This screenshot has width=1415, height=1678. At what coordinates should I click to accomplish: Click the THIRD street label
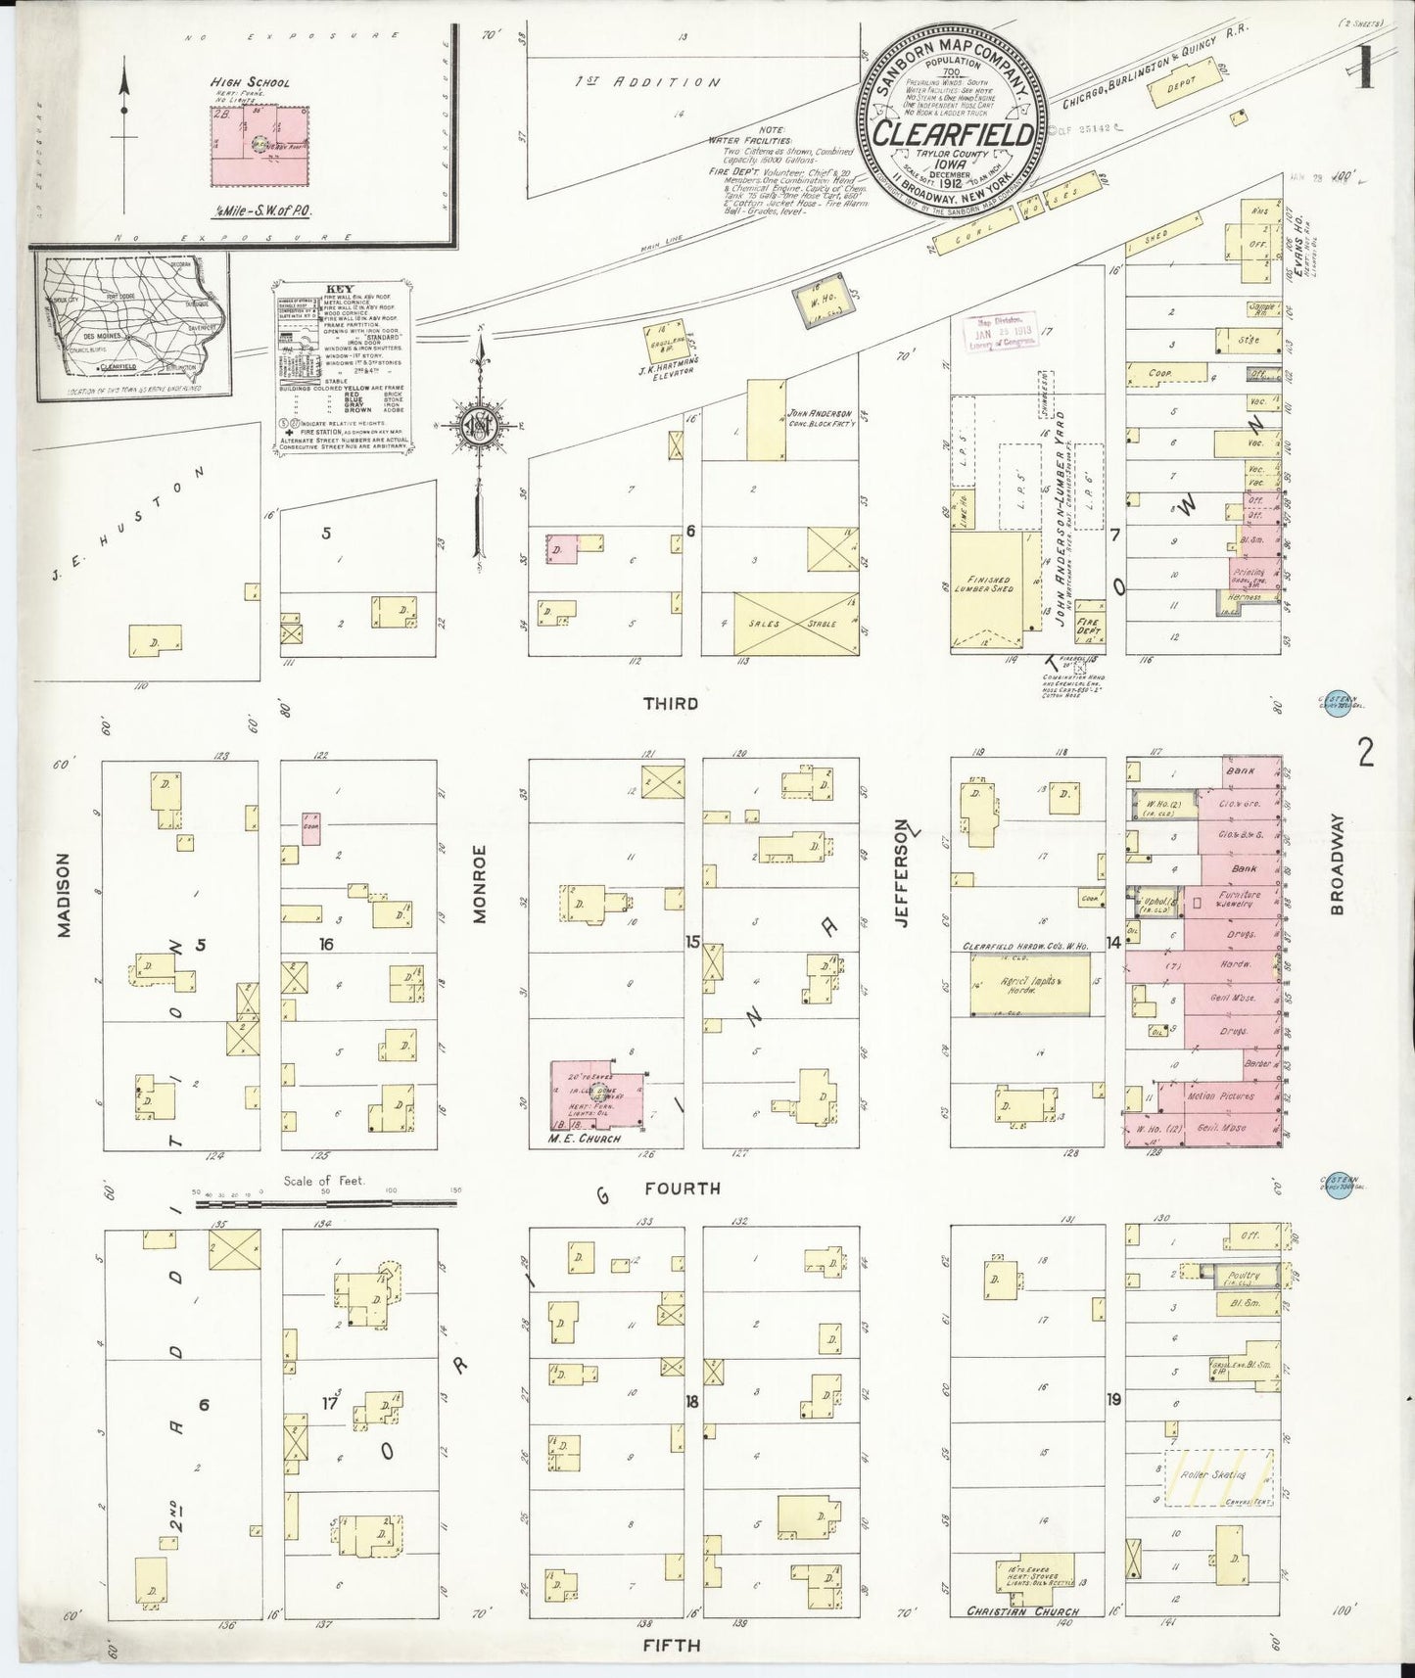[x=671, y=703]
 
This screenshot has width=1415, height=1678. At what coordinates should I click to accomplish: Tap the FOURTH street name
[x=683, y=1189]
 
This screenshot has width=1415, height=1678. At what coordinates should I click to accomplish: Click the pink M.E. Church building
[x=597, y=1095]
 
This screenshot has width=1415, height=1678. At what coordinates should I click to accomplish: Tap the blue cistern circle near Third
[x=1331, y=705]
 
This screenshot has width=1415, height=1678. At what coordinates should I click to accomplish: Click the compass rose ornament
[x=478, y=424]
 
